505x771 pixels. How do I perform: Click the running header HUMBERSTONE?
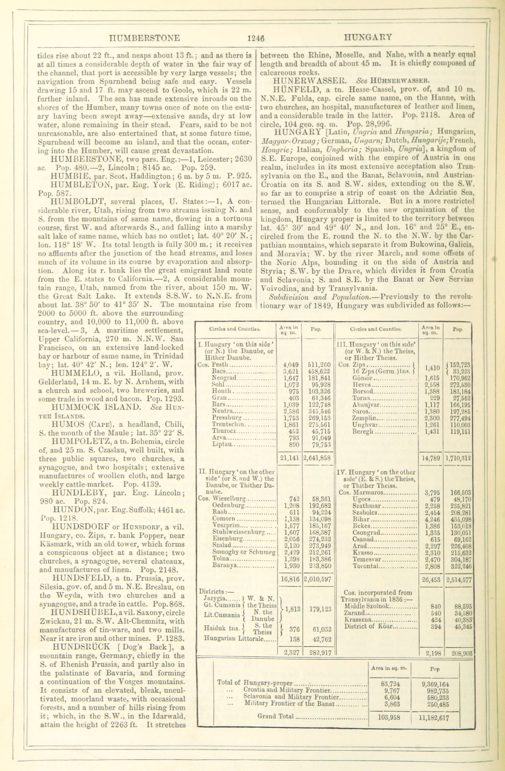pos(145,38)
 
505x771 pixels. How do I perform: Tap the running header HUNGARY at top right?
pos(368,37)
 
